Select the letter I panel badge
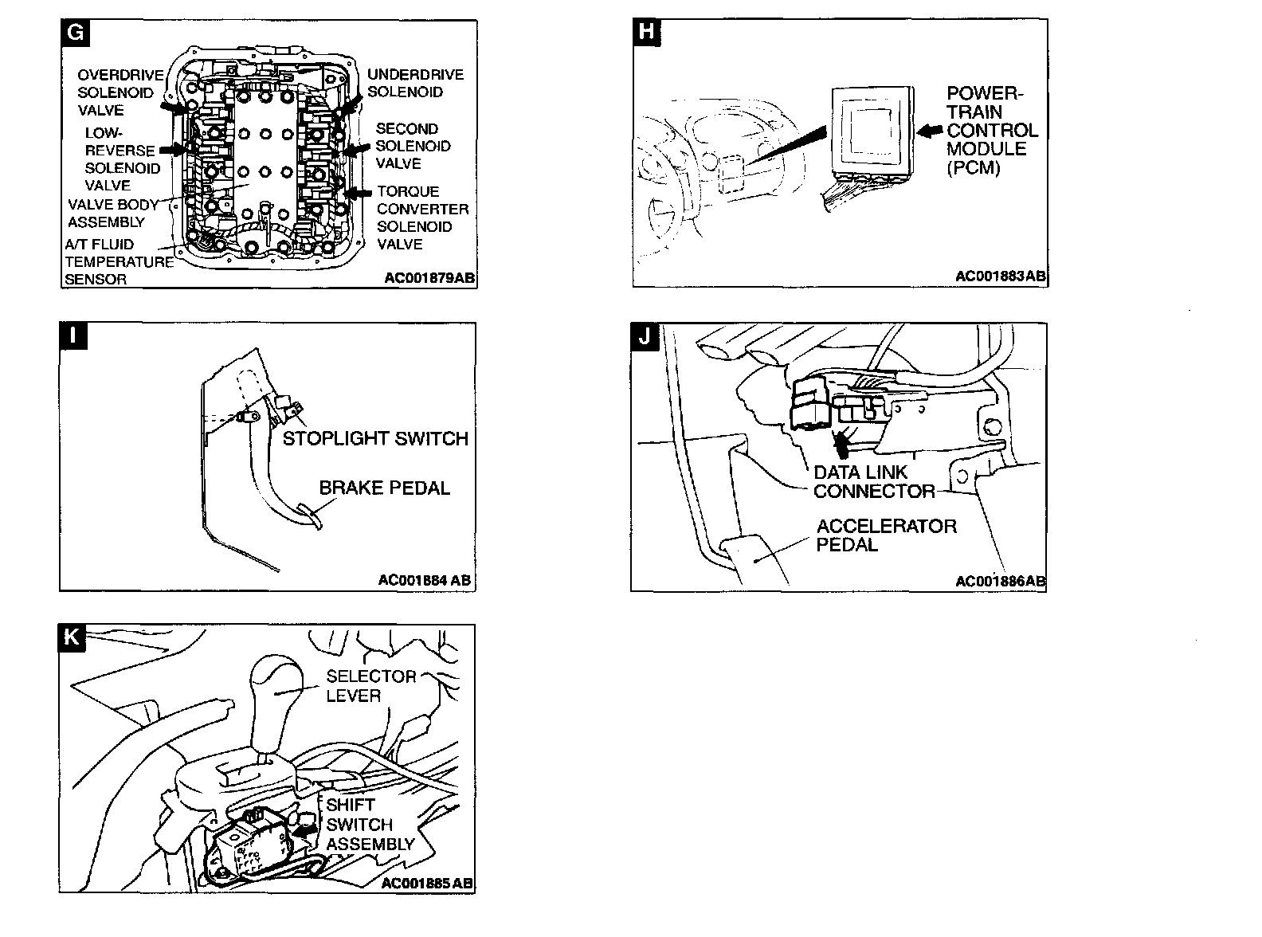[73, 336]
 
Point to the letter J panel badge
[645, 336]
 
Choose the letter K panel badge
[73, 638]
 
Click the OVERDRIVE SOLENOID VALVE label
[120, 92]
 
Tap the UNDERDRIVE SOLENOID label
[415, 83]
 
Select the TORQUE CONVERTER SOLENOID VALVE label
[422, 218]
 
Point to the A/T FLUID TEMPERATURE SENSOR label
[118, 261]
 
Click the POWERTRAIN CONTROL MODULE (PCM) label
[992, 131]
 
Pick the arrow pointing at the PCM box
[931, 131]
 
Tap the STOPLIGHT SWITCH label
[375, 438]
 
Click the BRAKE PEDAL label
[384, 488]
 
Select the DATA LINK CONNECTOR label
[873, 481]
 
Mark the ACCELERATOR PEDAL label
[886, 535]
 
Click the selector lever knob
[275, 685]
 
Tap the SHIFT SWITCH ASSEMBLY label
[370, 825]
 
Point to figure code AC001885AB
[427, 883]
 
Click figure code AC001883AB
[1000, 276]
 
